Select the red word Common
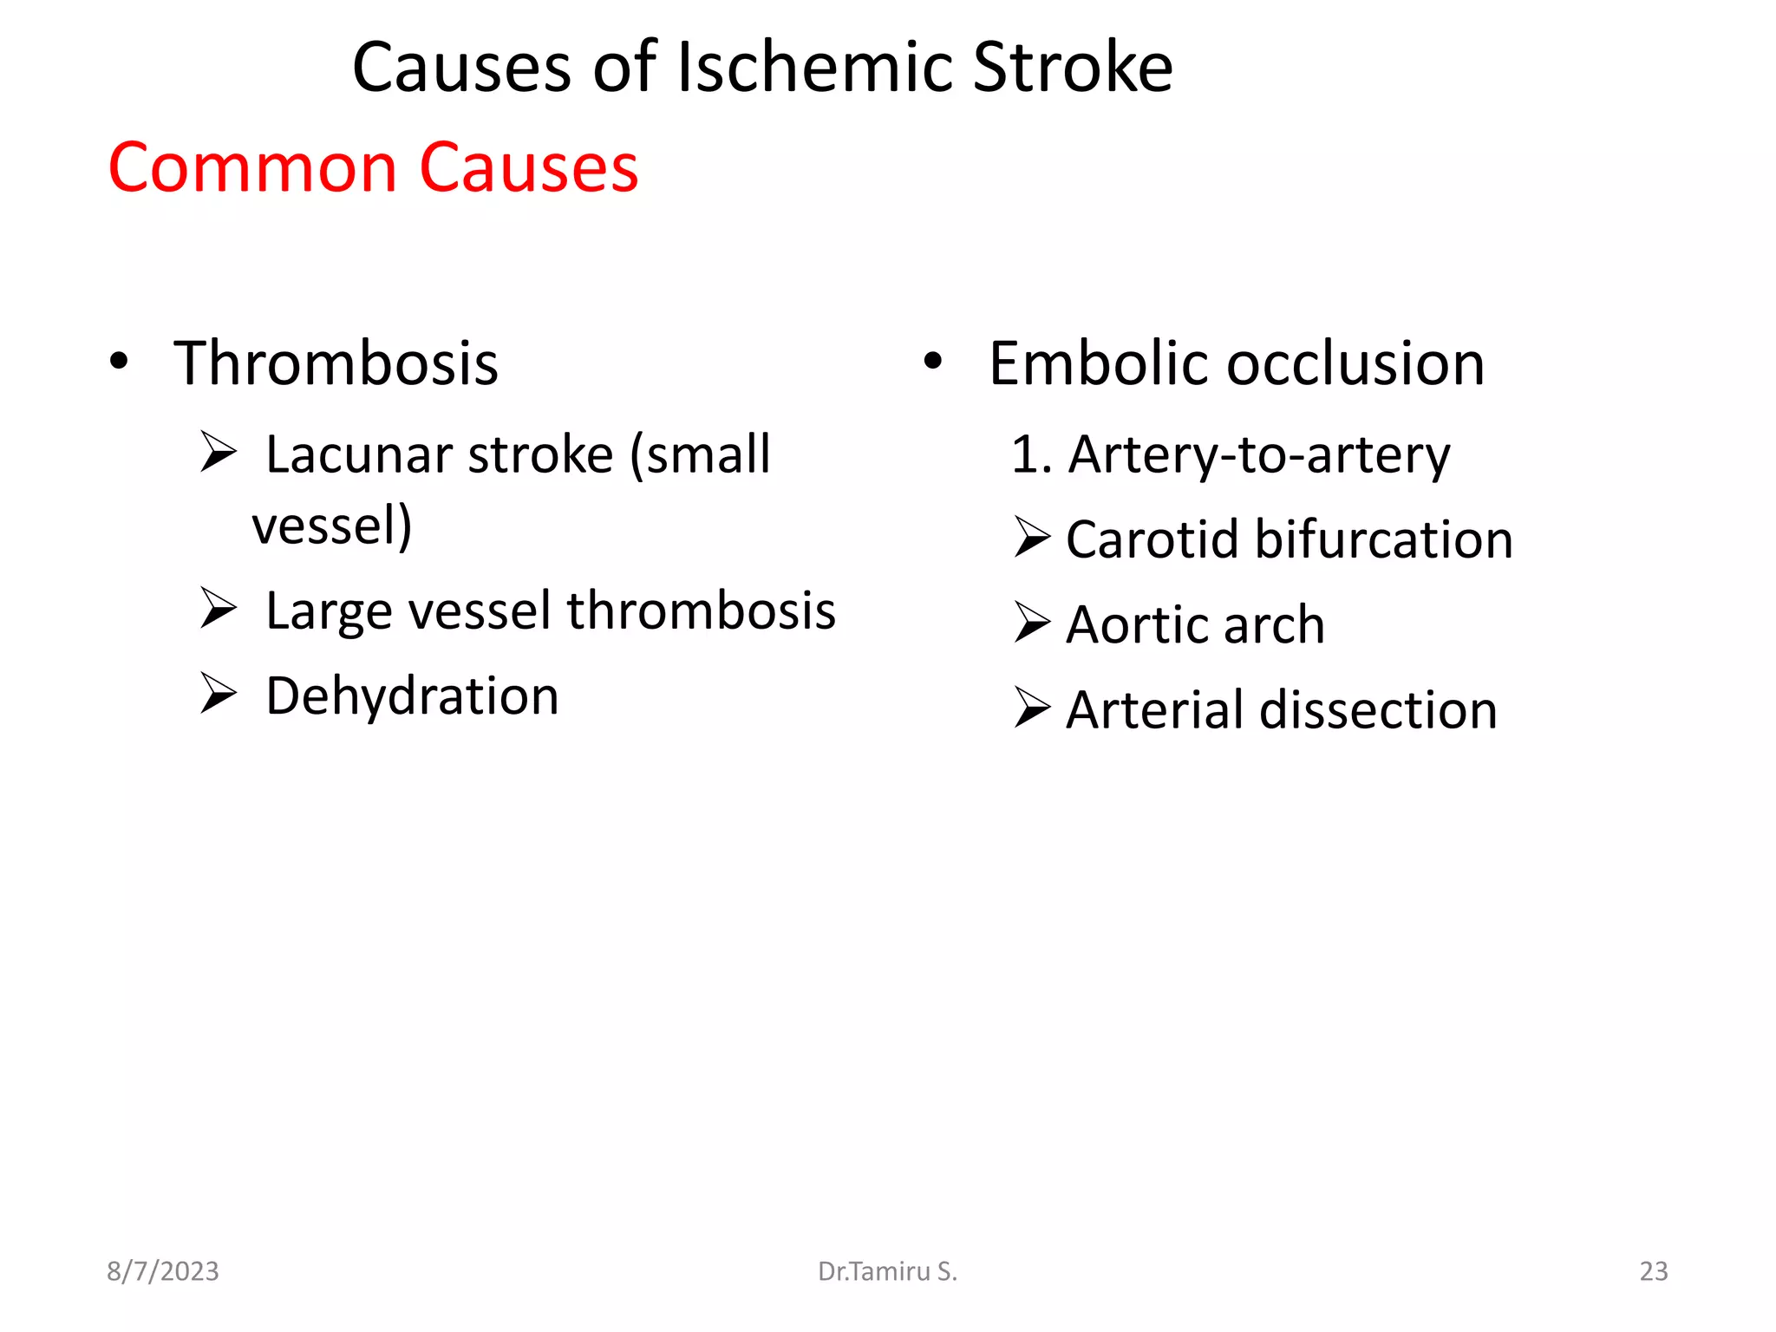coord(252,167)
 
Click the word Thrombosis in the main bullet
coord(336,363)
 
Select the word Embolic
coord(1099,363)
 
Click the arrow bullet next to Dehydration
coord(218,693)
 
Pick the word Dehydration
coord(412,696)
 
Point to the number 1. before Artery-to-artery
coord(1031,455)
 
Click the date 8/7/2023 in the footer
coord(163,1271)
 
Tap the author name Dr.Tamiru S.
coord(887,1271)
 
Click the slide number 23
coord(1653,1271)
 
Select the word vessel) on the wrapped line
coord(332,526)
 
